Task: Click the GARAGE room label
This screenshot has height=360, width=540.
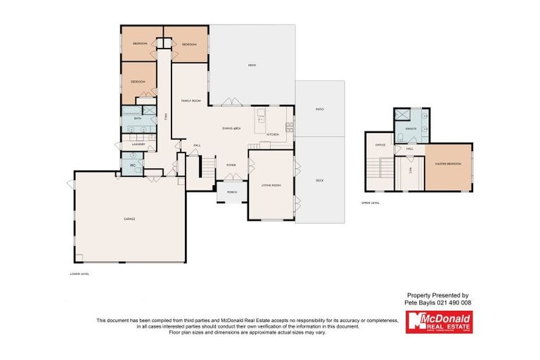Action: point(129,219)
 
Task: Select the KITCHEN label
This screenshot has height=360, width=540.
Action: point(272,134)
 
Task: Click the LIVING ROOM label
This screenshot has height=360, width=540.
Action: point(271,185)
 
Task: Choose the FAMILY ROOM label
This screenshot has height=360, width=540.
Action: point(191,101)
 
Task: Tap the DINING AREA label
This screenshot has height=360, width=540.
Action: point(232,129)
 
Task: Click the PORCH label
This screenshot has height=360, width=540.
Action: point(231,191)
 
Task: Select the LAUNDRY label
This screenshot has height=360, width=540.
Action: point(138,145)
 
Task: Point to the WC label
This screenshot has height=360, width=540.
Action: point(131,165)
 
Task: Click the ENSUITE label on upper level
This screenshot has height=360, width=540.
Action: point(411,129)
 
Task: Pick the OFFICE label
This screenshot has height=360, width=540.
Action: point(380,145)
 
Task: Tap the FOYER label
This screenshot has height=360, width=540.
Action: point(231,166)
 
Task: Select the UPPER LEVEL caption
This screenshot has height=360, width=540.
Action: point(371,202)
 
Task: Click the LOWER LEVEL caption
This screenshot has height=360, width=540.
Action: point(80,274)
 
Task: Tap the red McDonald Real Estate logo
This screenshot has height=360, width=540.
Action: point(439,322)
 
